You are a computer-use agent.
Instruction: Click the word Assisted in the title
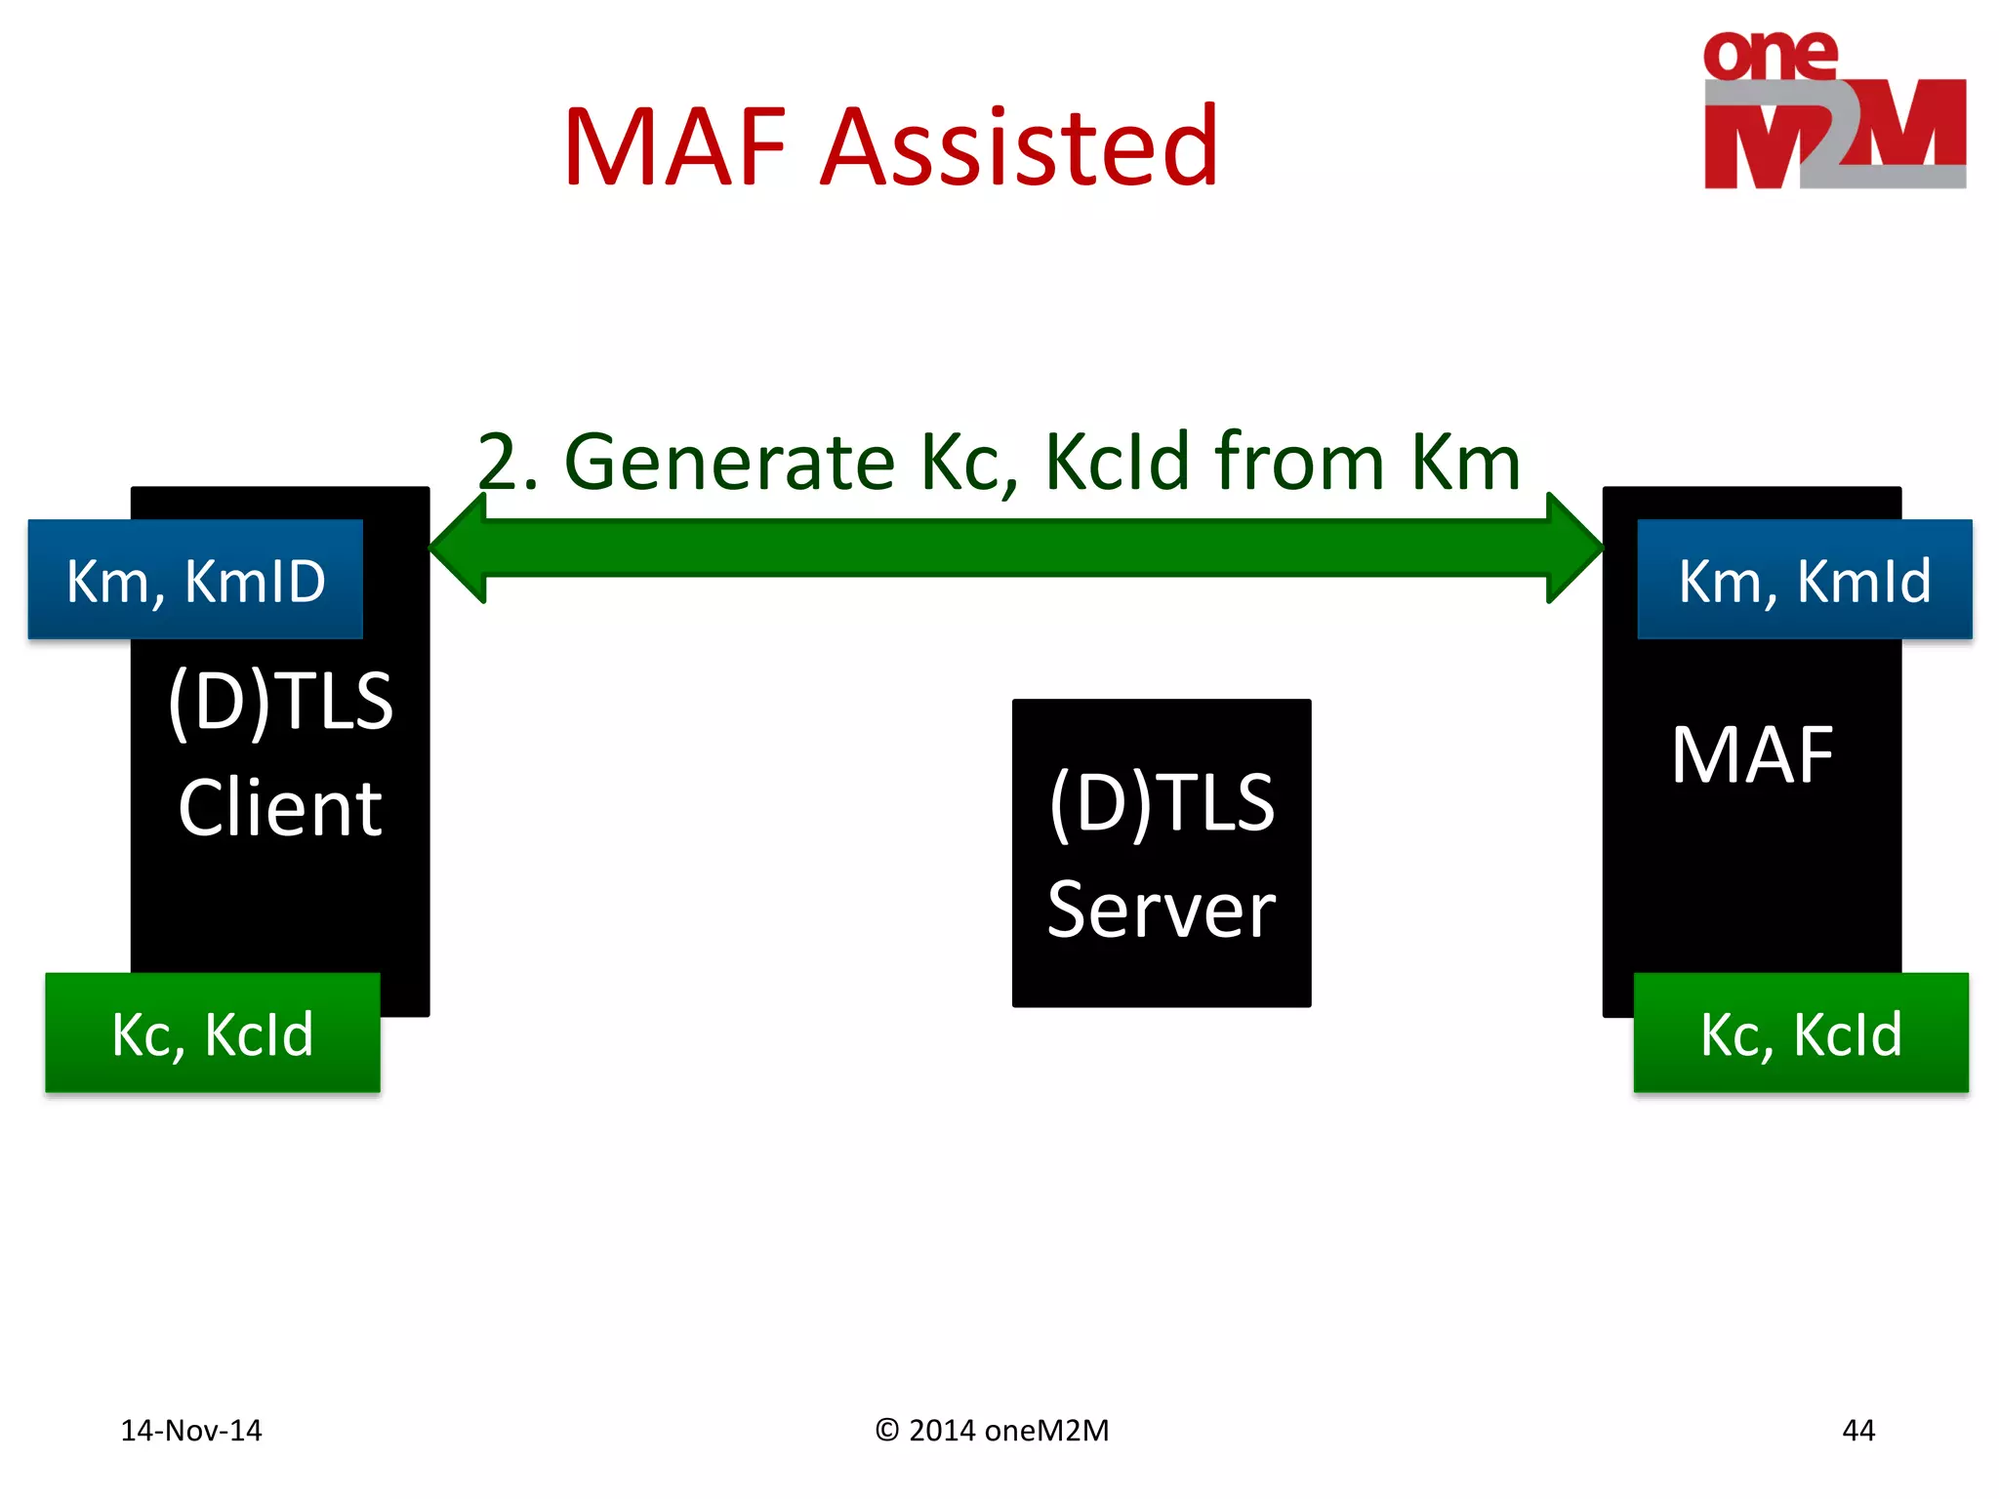(1019, 148)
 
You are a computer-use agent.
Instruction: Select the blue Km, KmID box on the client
(195, 580)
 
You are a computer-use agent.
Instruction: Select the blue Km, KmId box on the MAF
(1804, 580)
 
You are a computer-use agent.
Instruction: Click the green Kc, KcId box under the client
(212, 1033)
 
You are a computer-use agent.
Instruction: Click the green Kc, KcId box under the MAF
(1801, 1033)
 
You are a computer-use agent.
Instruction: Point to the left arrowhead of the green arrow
(460, 547)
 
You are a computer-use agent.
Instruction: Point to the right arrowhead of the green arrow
(1572, 547)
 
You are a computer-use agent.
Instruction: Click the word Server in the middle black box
(1161, 910)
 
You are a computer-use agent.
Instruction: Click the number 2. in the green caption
(507, 462)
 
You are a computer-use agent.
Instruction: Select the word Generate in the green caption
(729, 462)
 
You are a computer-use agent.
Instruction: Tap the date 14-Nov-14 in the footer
(191, 1430)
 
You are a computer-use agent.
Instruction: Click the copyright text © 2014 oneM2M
(992, 1430)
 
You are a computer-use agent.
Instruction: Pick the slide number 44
(1857, 1430)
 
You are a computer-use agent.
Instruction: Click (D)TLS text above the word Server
(1161, 802)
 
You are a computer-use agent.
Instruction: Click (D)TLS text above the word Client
(280, 701)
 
